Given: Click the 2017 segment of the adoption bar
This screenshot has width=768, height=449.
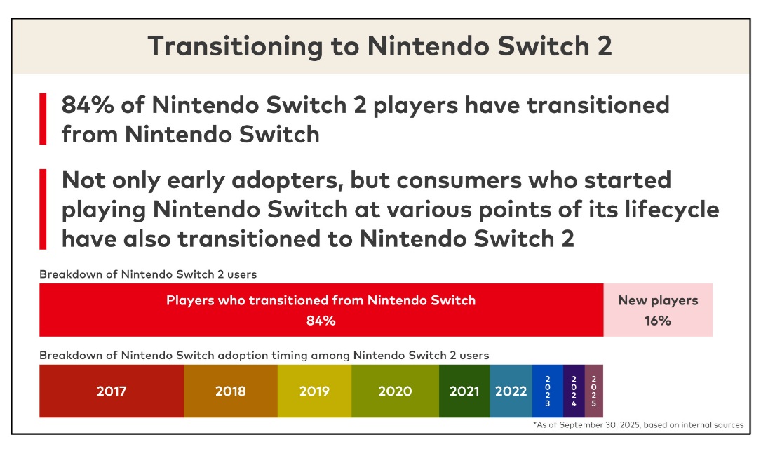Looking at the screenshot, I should coord(112,391).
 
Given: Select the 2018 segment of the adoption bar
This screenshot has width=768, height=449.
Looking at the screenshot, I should coord(231,391).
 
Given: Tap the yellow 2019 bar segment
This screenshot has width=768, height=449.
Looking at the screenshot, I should coord(314,391).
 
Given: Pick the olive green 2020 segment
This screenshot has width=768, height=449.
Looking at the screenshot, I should coord(395,391).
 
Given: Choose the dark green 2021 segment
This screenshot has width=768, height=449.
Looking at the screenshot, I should coord(464,391).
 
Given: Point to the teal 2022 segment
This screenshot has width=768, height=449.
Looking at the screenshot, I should coord(511,391).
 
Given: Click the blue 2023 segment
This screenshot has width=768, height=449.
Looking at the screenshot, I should coord(547,391).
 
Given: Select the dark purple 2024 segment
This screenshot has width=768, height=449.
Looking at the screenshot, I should coord(574,391).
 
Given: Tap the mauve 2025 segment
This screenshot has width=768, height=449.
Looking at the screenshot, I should coord(593,391).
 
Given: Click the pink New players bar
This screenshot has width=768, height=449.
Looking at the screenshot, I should coord(658,310).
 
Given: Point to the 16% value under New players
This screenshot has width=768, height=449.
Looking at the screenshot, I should coord(658,321).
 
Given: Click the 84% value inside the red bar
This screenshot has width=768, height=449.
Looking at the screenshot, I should coord(321,321).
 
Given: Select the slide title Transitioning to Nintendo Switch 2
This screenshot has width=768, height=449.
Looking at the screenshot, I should coord(380,46).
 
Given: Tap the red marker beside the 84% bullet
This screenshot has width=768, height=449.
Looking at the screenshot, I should coord(43,119).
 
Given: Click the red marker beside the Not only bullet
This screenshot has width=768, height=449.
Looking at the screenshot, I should coord(43,209).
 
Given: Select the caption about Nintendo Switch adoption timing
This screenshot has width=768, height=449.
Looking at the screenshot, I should coord(264,355).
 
